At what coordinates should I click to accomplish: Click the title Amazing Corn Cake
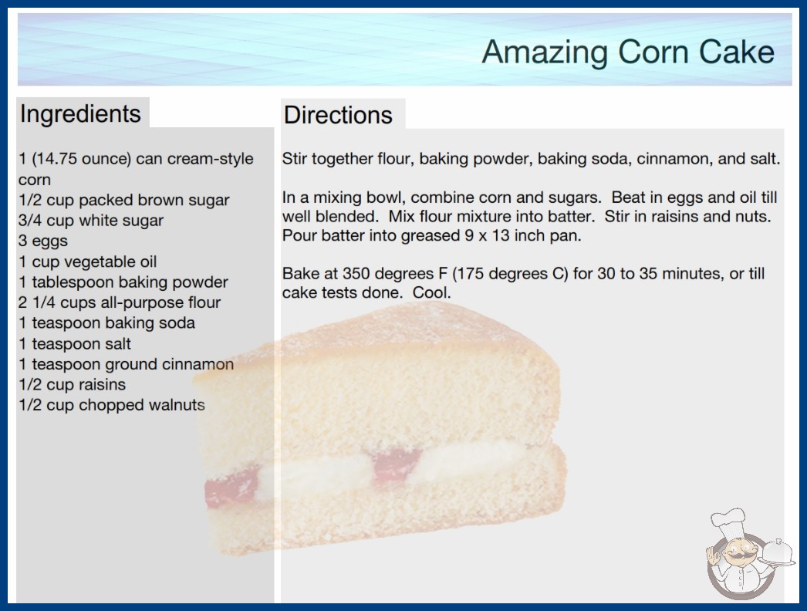click(628, 52)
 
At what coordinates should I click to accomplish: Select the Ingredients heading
click(80, 114)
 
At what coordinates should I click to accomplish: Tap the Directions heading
click(338, 115)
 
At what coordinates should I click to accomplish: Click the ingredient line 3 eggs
click(43, 241)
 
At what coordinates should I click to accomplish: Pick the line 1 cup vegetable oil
click(87, 262)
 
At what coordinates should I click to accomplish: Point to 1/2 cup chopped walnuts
click(112, 405)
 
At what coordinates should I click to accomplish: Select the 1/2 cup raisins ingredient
click(72, 384)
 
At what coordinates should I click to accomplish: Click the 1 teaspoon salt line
click(75, 343)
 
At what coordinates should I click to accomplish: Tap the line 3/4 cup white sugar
click(90, 221)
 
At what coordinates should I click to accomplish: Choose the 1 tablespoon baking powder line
click(123, 282)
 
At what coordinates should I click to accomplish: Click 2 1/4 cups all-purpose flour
click(120, 302)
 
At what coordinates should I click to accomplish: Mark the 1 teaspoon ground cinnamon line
click(126, 364)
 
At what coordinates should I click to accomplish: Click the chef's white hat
click(729, 521)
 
